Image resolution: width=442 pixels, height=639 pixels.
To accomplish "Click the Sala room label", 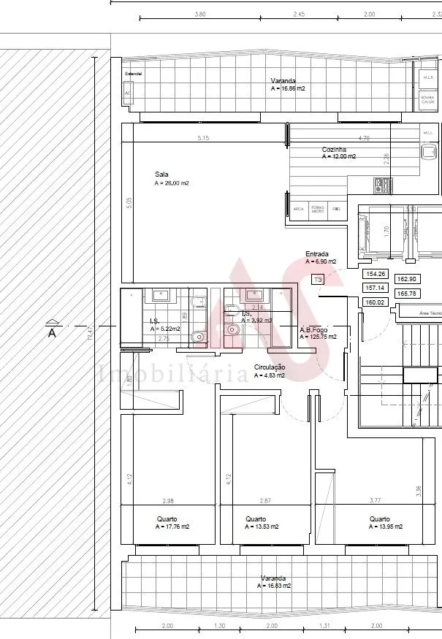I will (161, 174).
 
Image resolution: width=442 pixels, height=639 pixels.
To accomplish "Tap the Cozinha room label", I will (334, 150).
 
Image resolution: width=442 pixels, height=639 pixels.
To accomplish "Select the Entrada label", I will (317, 254).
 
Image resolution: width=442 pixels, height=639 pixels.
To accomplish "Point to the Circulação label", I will (269, 367).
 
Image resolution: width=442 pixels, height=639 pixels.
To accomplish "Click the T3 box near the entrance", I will (317, 279).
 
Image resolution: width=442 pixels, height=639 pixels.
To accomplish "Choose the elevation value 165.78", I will (406, 294).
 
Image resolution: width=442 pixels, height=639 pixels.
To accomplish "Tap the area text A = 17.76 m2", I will (172, 527).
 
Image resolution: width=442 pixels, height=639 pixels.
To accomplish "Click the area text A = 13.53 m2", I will (262, 527).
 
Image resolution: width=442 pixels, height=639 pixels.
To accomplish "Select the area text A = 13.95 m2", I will (386, 527).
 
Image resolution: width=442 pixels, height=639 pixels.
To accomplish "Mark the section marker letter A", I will (52, 333).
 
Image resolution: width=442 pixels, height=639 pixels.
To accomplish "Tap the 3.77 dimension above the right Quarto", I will (376, 500).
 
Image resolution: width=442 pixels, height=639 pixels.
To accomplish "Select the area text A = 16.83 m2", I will (274, 586).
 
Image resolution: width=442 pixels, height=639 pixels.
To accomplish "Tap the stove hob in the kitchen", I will (384, 185).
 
